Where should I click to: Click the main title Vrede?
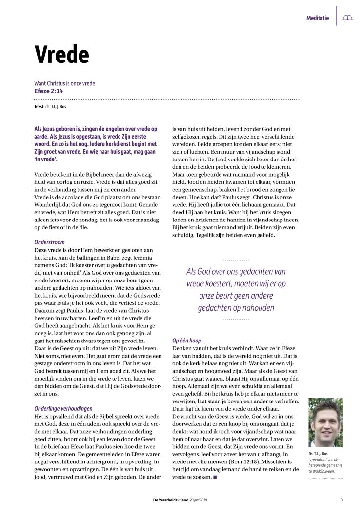point(61,55)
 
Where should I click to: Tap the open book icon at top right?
point(347,18)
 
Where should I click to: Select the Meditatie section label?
point(318,18)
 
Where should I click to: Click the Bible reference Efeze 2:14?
point(48,91)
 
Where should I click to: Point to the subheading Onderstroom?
point(49,242)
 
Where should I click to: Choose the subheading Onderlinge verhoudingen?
point(63,408)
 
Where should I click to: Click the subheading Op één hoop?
point(187,340)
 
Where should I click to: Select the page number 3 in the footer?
point(342,500)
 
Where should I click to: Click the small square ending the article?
point(215,477)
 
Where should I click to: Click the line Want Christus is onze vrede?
point(65,83)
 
